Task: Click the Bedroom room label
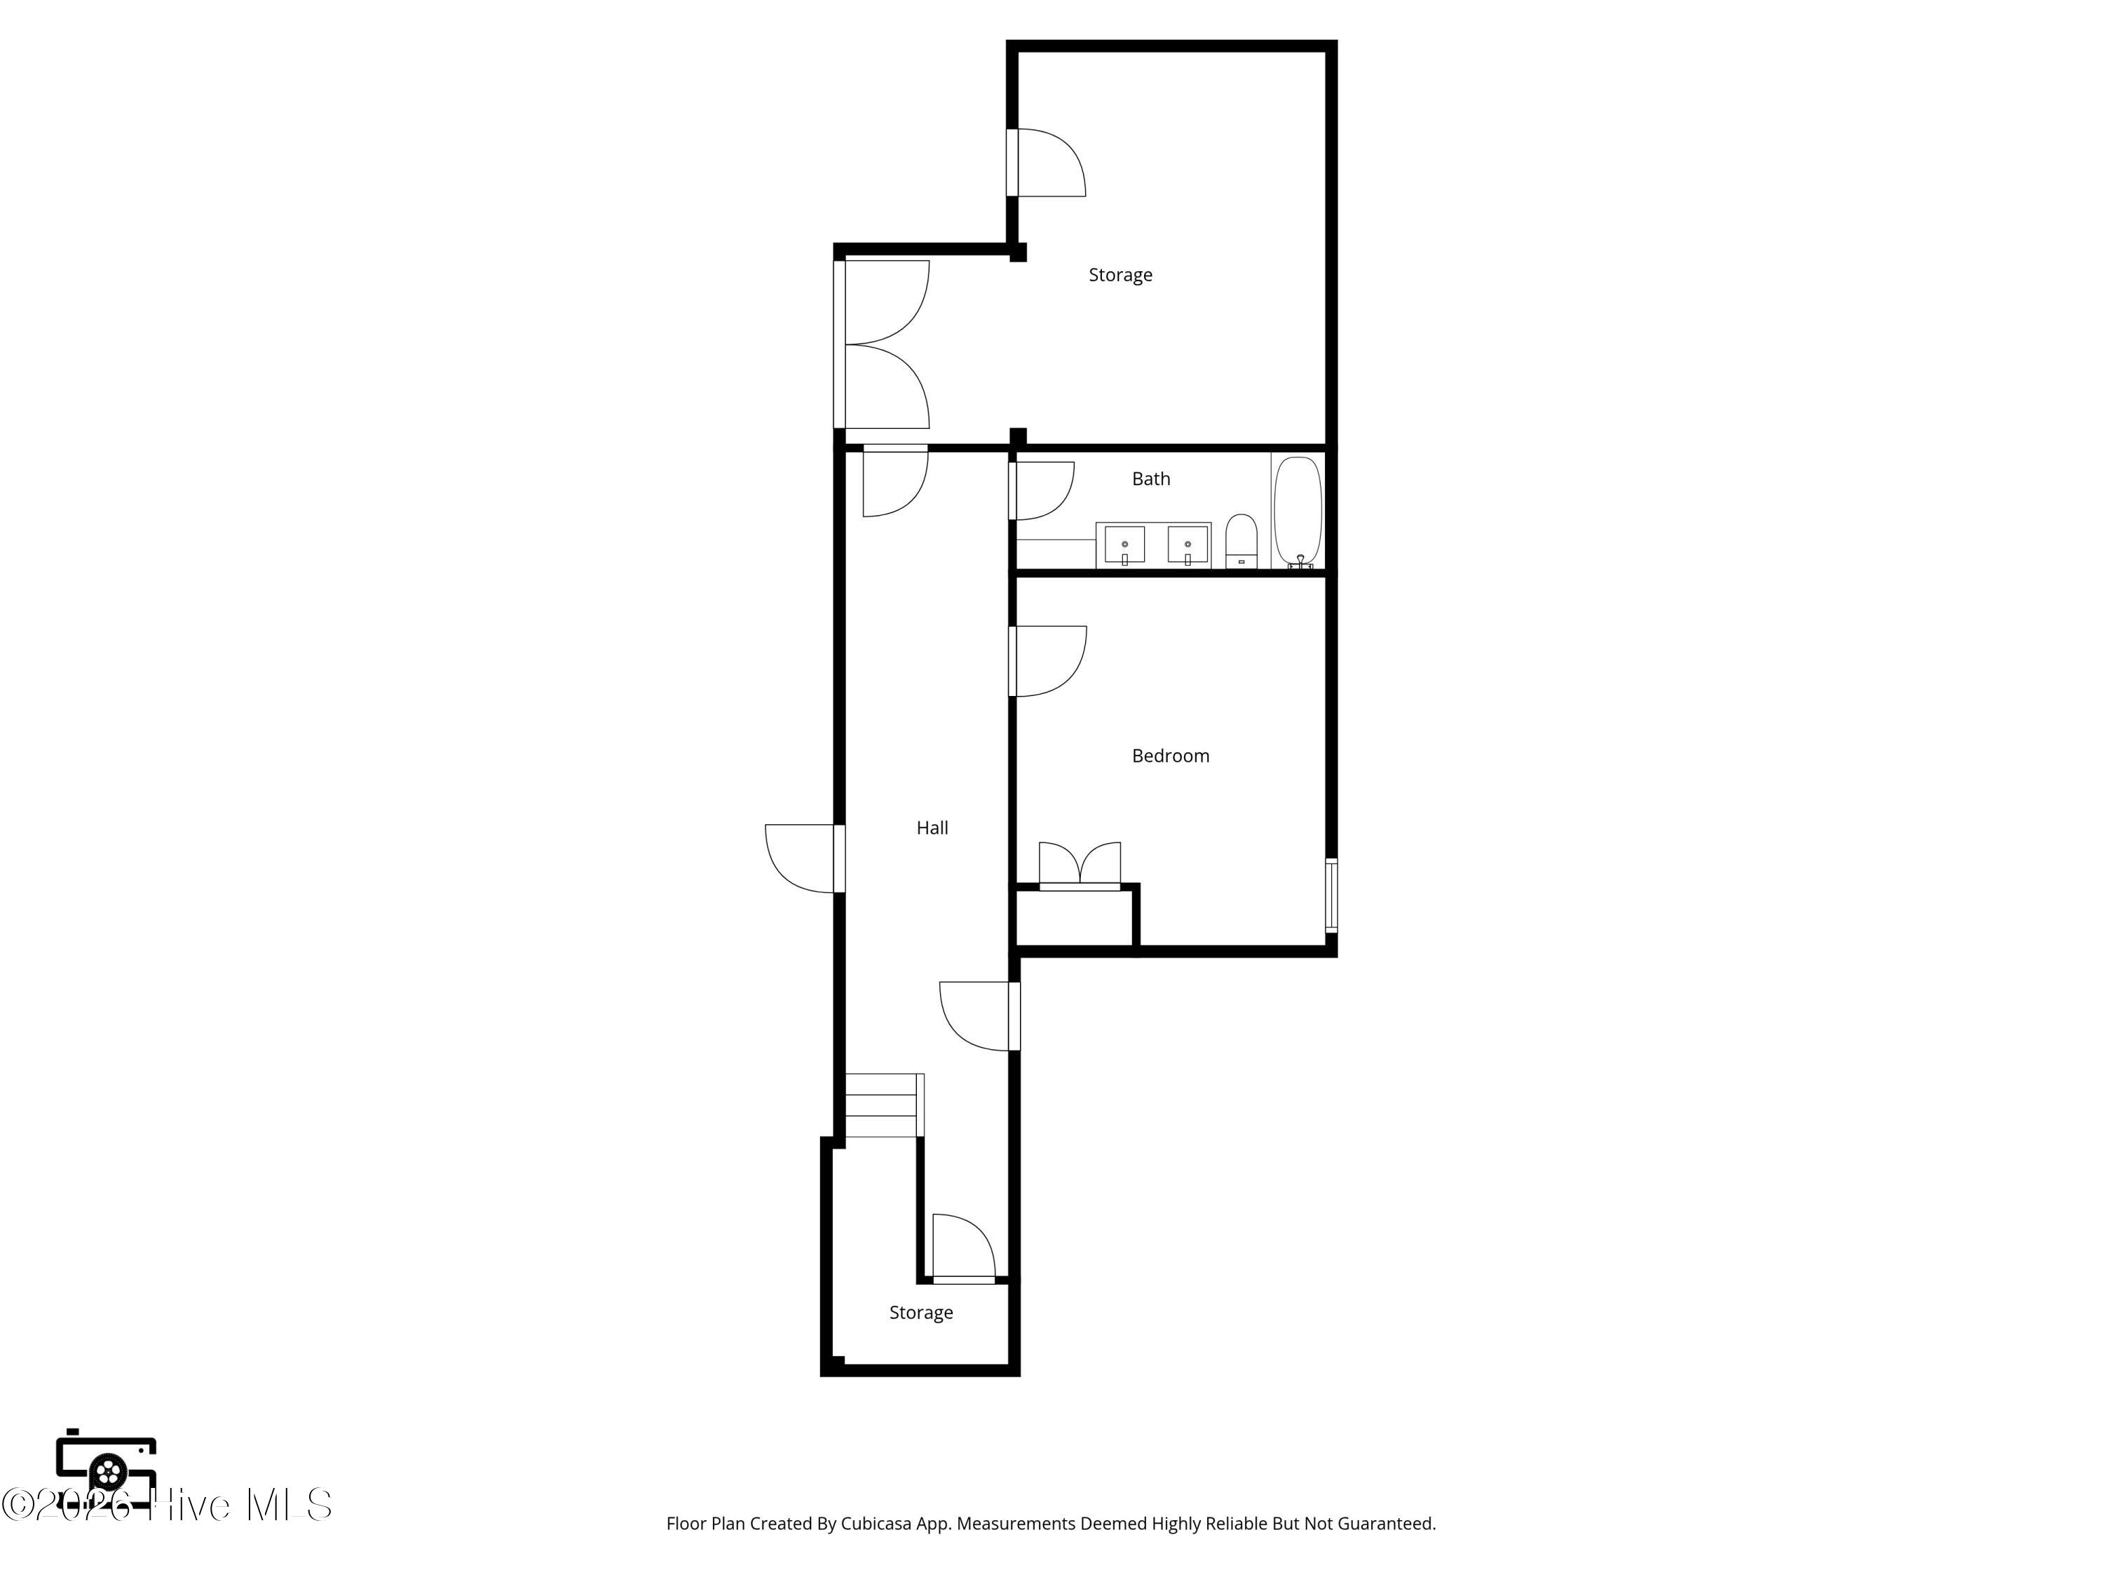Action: [x=1171, y=756]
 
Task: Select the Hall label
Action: [x=932, y=828]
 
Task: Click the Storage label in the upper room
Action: [x=1120, y=275]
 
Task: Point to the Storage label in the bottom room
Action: [x=920, y=1313]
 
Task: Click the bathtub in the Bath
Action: [x=1298, y=512]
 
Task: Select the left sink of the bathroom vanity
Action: [x=1124, y=545]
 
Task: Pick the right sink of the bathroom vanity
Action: [x=1187, y=545]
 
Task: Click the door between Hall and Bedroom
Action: [x=1047, y=662]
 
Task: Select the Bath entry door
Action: [x=1041, y=491]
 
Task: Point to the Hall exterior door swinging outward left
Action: [x=804, y=859]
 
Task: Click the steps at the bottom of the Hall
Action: [x=884, y=1105]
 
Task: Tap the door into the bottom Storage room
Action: [x=964, y=1249]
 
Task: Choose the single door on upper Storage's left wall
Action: [x=1046, y=163]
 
